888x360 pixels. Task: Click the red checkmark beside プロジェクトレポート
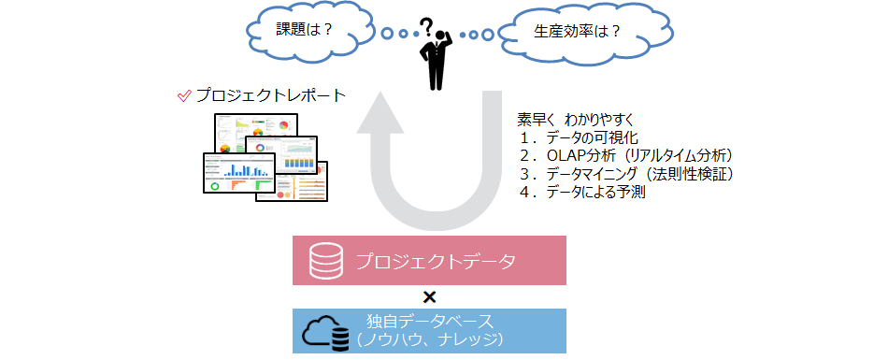[x=184, y=96]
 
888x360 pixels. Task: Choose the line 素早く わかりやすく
[x=576, y=121]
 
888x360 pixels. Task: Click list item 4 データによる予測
[x=583, y=193]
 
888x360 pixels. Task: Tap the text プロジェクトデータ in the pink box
[x=436, y=262]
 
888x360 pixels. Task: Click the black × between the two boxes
[x=430, y=297]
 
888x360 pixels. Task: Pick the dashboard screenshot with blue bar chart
[x=239, y=173]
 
